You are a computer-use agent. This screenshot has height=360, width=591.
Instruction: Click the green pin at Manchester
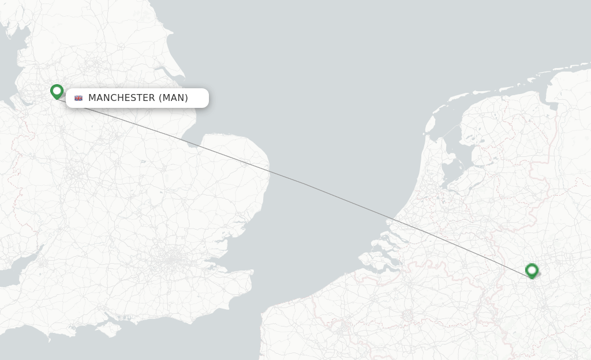pos(57,91)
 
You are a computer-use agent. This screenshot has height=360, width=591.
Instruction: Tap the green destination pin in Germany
pos(532,270)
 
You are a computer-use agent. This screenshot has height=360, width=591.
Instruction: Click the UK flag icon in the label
pos(78,98)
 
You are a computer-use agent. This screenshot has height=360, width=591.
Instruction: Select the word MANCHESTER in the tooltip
pos(121,98)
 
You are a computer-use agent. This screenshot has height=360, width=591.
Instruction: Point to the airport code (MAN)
pos(173,98)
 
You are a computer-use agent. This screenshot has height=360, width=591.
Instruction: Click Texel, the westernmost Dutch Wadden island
pos(430,123)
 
